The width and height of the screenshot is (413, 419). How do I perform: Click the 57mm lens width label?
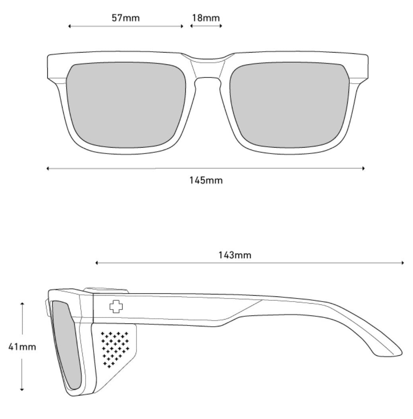[126, 18]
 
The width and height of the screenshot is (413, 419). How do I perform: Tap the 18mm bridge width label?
[206, 18]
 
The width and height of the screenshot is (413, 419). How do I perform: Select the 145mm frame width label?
[206, 180]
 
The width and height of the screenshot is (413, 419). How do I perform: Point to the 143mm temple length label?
[235, 255]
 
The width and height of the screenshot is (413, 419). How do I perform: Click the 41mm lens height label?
[22, 347]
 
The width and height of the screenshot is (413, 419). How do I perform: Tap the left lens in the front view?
[126, 105]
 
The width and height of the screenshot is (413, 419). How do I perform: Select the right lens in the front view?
[290, 105]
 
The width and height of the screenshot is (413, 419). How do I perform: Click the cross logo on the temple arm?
[116, 307]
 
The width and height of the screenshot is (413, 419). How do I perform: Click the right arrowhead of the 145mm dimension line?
[363, 168]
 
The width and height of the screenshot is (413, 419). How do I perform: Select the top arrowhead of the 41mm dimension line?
[22, 304]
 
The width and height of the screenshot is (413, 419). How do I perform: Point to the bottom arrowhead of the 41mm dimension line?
[22, 390]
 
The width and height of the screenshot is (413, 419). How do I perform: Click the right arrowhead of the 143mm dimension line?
[403, 263]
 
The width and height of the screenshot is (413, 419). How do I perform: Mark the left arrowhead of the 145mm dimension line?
[48, 168]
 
